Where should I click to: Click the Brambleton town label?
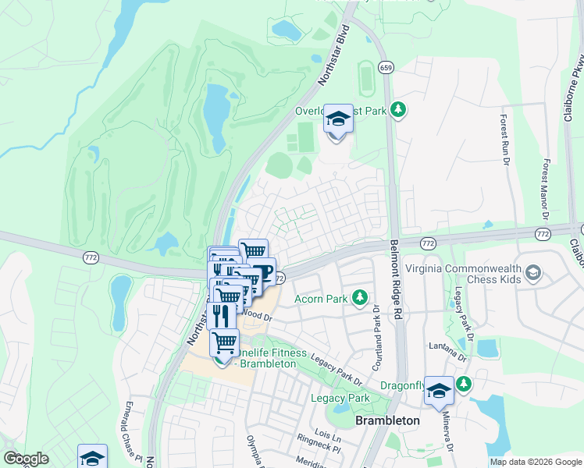387,420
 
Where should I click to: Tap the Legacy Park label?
339,398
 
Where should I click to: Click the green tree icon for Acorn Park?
360,297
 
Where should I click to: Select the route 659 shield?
386,68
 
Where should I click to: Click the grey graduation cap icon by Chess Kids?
533,273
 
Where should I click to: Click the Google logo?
27,459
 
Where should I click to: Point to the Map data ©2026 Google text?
535,462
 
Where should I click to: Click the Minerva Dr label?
449,434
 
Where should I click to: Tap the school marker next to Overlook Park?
338,121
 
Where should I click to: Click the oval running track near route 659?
364,76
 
